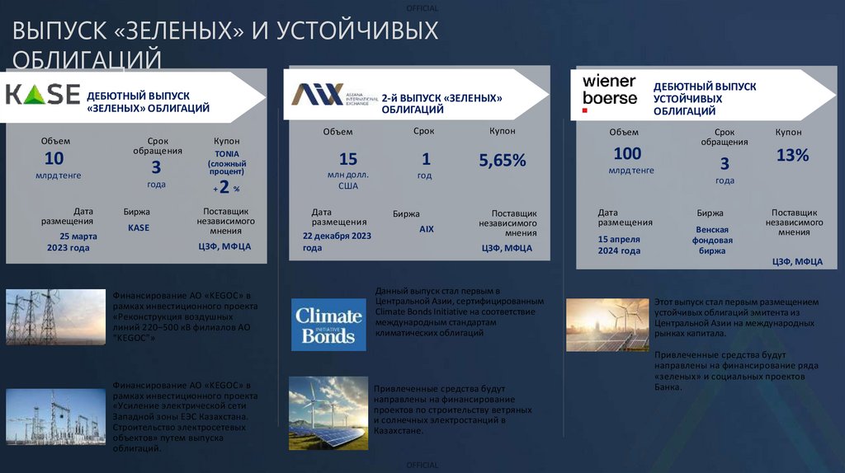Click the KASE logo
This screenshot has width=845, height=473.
(x=43, y=95)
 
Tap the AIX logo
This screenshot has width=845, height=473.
(x=317, y=94)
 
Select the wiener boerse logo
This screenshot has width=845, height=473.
(x=610, y=89)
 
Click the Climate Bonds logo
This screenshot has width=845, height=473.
(x=328, y=325)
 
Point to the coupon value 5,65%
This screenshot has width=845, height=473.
(x=503, y=161)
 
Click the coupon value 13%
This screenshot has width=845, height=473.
(x=792, y=154)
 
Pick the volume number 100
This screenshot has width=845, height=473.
(x=627, y=153)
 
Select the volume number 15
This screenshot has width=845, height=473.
(x=348, y=159)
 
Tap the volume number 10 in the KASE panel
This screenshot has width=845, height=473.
(x=54, y=158)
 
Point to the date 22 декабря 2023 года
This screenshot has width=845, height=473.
(x=337, y=241)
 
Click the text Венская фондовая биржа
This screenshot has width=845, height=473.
(x=714, y=240)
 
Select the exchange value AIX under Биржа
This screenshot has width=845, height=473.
(x=426, y=229)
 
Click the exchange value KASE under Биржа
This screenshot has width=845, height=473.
(x=138, y=227)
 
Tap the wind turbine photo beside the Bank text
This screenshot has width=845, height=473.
(x=607, y=324)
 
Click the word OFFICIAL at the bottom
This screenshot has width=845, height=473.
(x=422, y=466)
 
